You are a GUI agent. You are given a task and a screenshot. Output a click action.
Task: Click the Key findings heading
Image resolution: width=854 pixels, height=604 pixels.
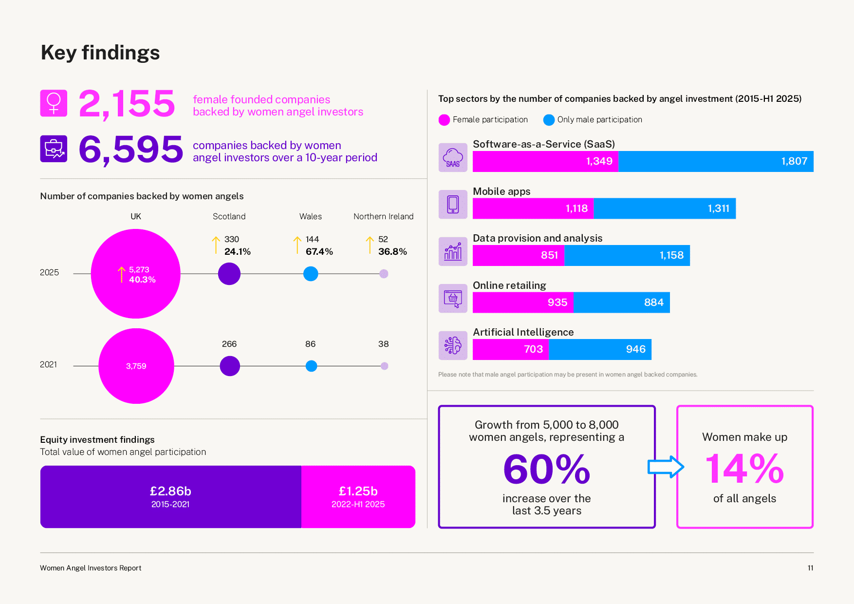click(x=100, y=53)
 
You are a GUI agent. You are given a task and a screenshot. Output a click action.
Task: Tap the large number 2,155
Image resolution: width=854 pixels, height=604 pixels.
click(x=127, y=103)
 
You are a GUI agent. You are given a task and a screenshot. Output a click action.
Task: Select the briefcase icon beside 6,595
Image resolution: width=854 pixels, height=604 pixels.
click(x=54, y=149)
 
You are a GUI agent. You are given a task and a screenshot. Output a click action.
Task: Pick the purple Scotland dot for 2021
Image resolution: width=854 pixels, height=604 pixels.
click(x=230, y=366)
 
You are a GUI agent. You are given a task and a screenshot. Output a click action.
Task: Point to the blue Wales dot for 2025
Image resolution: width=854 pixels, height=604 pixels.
click(x=311, y=274)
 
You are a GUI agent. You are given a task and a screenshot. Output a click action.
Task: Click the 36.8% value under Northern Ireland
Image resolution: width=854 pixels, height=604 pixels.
click(x=392, y=251)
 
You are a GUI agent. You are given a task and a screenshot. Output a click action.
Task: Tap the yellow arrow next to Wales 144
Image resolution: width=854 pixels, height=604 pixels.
click(x=297, y=245)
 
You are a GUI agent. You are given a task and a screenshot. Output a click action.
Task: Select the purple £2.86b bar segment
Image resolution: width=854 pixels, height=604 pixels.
click(x=170, y=497)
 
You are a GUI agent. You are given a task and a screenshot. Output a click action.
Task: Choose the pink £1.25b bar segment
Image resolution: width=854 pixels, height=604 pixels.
click(x=358, y=497)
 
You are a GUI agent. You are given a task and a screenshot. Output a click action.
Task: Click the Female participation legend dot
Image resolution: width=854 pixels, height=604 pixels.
click(x=444, y=120)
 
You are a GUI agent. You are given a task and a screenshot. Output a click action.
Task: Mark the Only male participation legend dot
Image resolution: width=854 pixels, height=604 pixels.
click(x=549, y=120)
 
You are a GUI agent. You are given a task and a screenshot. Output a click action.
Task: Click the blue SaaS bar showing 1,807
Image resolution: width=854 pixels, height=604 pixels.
click(x=716, y=161)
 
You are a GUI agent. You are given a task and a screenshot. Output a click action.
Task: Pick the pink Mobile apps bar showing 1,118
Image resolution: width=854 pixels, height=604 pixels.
click(x=533, y=208)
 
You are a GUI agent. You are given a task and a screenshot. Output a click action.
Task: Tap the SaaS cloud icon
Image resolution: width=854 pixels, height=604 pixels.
click(x=453, y=157)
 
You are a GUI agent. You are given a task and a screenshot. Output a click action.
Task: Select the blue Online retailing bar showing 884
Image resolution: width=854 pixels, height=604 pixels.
click(x=621, y=302)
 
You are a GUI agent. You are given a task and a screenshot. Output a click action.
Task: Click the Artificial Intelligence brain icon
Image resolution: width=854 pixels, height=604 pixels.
click(x=453, y=345)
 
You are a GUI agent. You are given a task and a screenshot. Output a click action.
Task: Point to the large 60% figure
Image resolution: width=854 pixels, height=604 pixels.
click(x=546, y=469)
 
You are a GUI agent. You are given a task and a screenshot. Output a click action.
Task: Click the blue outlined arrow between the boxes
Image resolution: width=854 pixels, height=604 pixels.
click(x=666, y=467)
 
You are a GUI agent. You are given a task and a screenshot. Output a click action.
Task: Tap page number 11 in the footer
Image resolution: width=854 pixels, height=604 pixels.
click(x=810, y=568)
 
